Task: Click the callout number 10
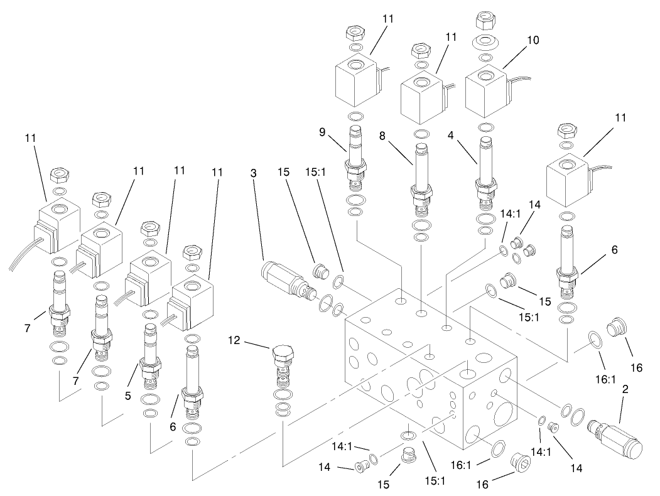[x=533, y=40]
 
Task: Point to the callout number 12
[x=235, y=342]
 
